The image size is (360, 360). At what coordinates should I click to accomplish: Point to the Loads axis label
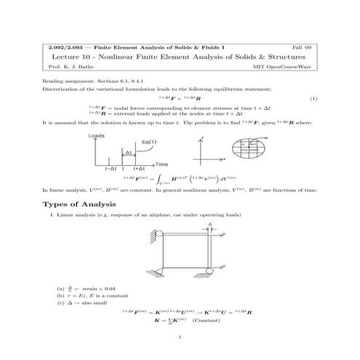96,135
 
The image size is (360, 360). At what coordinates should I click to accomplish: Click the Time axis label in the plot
161,164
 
